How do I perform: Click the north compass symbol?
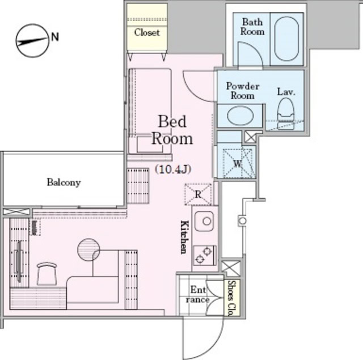coord(31,41)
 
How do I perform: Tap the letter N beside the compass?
coord(55,37)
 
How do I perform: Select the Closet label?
coord(147,32)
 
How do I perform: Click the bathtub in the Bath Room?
coord(286,39)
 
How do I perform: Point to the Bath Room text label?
coord(252,27)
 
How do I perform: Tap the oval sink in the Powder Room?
coord(240,116)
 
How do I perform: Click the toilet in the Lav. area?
coord(285,111)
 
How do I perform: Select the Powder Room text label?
coord(243,91)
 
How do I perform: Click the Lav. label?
coord(286,92)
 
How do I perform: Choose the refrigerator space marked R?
coord(198,194)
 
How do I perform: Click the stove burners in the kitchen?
coord(204,255)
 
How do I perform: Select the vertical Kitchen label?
coord(184,236)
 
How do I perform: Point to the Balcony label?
coord(64,183)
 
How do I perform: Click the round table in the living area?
coord(88,250)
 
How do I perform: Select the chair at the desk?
coord(46,274)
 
